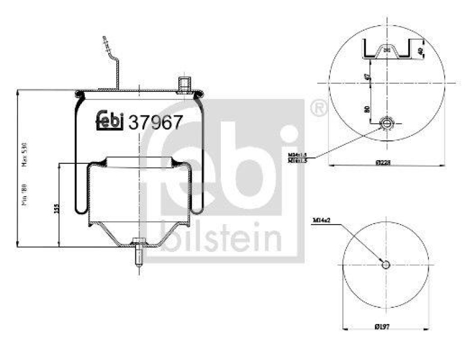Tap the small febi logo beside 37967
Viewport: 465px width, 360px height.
pos(110,119)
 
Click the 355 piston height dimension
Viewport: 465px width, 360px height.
pos(55,208)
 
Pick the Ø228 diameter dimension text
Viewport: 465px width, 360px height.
pos(382,163)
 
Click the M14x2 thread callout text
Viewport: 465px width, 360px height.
pos(321,221)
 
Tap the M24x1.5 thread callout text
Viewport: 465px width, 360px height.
pos(297,154)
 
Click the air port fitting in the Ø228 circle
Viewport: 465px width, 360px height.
pos(387,123)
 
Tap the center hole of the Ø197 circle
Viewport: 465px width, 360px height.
pos(385,265)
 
